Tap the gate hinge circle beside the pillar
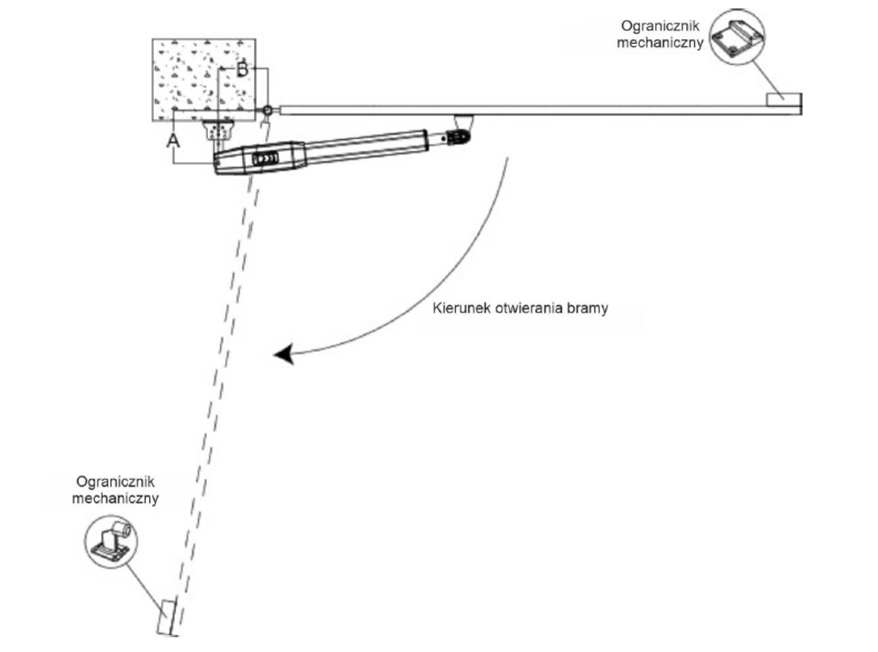[268, 111]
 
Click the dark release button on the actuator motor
[265, 159]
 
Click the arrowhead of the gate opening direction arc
[284, 354]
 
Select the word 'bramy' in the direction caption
[591, 309]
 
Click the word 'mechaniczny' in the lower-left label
[114, 499]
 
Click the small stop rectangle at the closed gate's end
[783, 100]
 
